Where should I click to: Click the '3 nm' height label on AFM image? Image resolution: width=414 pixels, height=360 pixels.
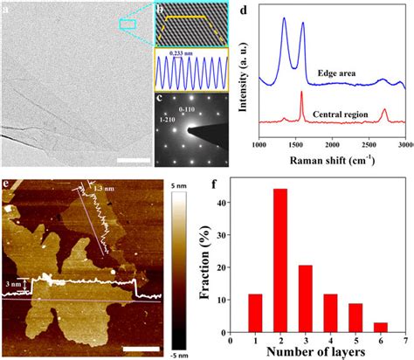click(12, 283)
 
